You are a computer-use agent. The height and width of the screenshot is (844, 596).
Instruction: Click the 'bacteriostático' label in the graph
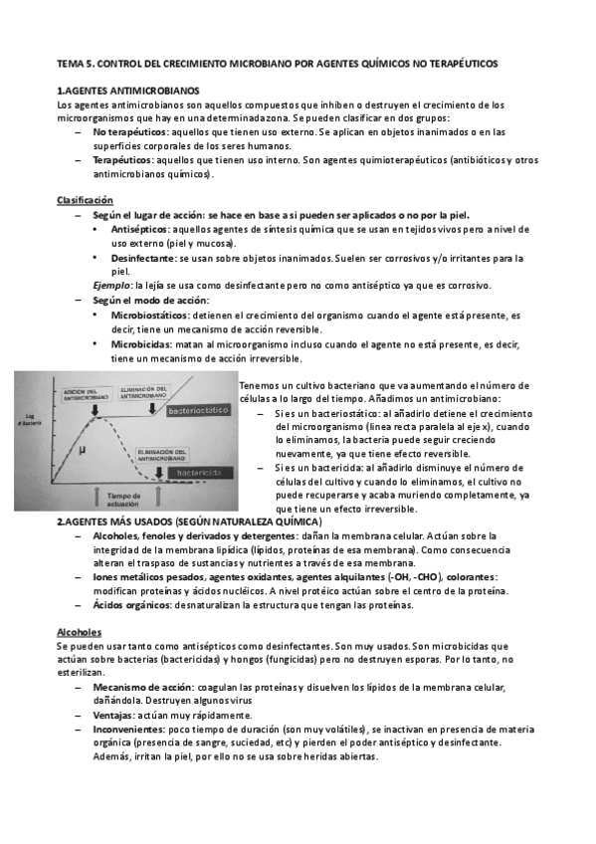(x=199, y=410)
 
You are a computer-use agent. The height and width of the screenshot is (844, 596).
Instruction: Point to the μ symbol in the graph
(x=83, y=450)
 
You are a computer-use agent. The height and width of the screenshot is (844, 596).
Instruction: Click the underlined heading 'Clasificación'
(x=85, y=201)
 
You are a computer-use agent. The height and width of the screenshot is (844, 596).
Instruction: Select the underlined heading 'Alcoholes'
(x=79, y=632)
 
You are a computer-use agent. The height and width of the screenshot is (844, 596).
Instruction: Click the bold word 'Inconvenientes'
(x=128, y=730)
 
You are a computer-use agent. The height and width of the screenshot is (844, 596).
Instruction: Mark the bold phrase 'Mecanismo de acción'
(x=140, y=688)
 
